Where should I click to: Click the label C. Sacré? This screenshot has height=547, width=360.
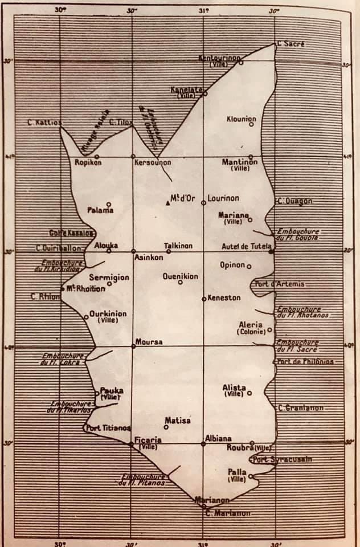(291, 44)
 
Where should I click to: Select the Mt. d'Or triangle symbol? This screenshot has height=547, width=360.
(167, 202)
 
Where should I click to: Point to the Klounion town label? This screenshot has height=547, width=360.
(241, 119)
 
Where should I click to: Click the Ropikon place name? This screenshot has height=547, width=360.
(88, 162)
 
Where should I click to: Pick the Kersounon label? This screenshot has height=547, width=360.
(152, 162)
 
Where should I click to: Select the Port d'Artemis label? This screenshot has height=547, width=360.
(279, 284)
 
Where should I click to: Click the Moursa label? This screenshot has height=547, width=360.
(149, 342)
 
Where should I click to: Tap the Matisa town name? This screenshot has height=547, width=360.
(178, 421)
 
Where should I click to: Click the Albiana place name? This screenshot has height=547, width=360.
(218, 439)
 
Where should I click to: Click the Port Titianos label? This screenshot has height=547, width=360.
(108, 428)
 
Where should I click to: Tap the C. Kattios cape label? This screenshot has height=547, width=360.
(44, 122)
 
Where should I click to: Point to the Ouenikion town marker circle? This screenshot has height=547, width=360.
(181, 282)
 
